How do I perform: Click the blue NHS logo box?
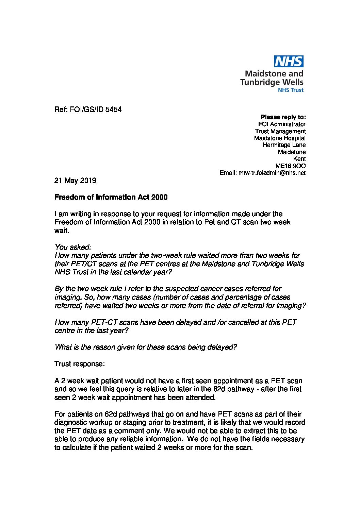[x=289, y=62]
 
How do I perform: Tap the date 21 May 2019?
[x=75, y=181]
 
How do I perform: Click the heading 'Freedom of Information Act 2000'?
[x=111, y=197]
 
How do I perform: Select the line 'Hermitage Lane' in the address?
[x=284, y=145]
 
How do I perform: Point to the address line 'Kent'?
[x=299, y=159]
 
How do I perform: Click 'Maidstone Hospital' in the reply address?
[x=280, y=138]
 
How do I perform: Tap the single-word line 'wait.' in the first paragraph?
[x=61, y=230]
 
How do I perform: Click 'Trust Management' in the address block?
[x=280, y=131]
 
